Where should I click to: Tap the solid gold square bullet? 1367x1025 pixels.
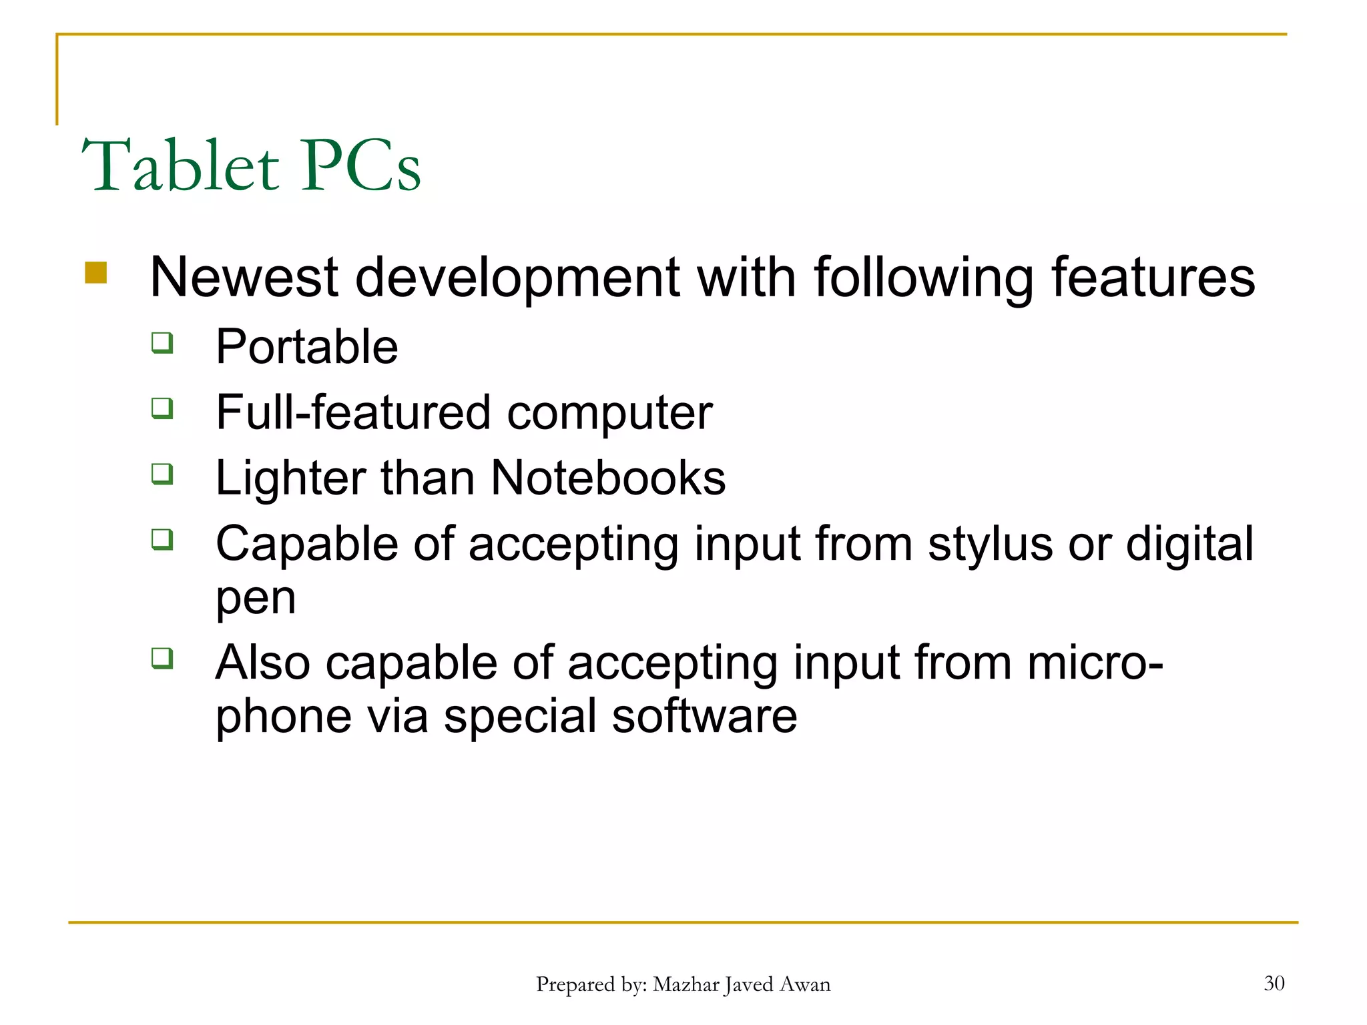point(96,272)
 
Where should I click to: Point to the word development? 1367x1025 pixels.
point(518,279)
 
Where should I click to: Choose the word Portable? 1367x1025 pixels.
point(307,347)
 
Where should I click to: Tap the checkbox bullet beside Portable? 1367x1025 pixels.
point(162,343)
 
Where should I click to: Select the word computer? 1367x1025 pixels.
point(609,414)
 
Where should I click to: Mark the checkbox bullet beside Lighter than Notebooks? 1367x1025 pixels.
point(162,474)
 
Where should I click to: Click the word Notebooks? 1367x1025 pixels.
point(608,478)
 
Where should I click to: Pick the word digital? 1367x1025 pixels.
point(1189,545)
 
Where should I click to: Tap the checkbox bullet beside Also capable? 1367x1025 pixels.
point(162,659)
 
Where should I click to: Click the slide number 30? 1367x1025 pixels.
point(1274,983)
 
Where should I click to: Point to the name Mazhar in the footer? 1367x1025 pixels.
point(686,984)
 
